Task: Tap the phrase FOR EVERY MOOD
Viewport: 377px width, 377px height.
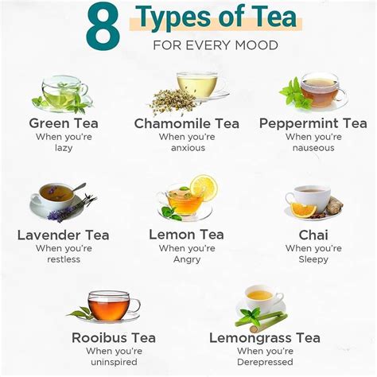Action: click(x=216, y=45)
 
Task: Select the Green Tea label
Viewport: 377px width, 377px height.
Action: click(x=63, y=122)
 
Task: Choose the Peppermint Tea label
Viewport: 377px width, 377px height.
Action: click(x=313, y=123)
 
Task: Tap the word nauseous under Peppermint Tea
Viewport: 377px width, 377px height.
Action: click(x=313, y=147)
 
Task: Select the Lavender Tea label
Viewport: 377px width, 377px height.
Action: click(x=64, y=235)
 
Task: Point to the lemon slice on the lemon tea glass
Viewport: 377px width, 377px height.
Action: click(x=204, y=188)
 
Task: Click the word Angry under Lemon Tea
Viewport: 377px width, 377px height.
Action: click(x=188, y=259)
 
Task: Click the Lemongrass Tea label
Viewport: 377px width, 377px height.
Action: click(x=264, y=338)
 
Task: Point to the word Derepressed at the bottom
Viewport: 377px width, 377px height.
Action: click(x=264, y=363)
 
